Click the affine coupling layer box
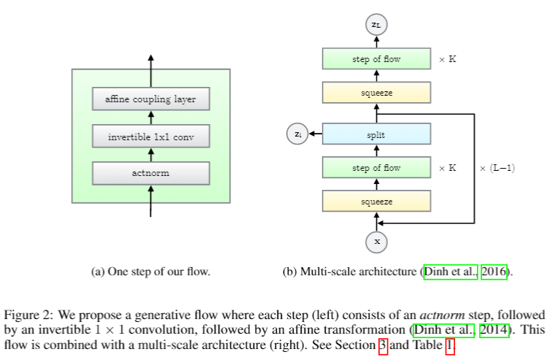pyautogui.click(x=150, y=99)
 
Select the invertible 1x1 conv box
pyautogui.click(x=150, y=137)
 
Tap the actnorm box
pyautogui.click(x=150, y=173)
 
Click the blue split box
pyautogui.click(x=376, y=134)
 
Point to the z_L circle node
pyautogui.click(x=376, y=25)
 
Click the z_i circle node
pyautogui.click(x=298, y=134)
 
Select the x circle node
pyautogui.click(x=377, y=240)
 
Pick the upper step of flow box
pyautogui.click(x=376, y=59)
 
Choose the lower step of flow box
pyautogui.click(x=376, y=168)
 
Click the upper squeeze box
pyautogui.click(x=376, y=93)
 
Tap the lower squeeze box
pyautogui.click(x=376, y=201)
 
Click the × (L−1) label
pyautogui.click(x=497, y=168)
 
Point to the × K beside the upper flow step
pyautogui.click(x=447, y=59)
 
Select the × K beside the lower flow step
pyautogui.click(x=447, y=168)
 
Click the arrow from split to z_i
pyautogui.click(x=316, y=134)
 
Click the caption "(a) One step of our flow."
pyautogui.click(x=150, y=272)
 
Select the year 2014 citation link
pyautogui.click(x=495, y=331)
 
